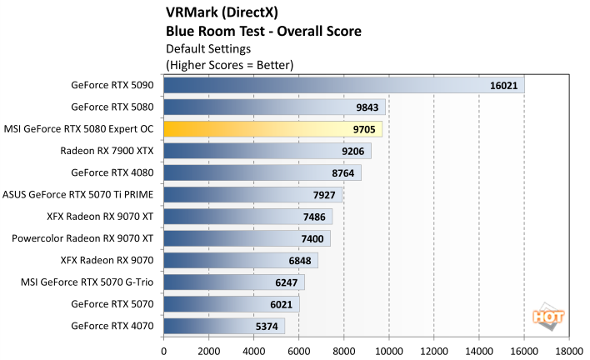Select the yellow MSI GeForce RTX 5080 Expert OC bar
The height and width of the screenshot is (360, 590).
pos(272,128)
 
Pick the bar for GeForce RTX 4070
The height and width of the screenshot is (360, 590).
pos(224,325)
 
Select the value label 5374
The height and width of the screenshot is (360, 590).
pos(266,325)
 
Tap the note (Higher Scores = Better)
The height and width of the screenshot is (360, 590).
pos(230,64)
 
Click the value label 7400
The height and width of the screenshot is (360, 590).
pos(311,238)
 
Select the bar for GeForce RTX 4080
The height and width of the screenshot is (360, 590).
pos(262,172)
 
